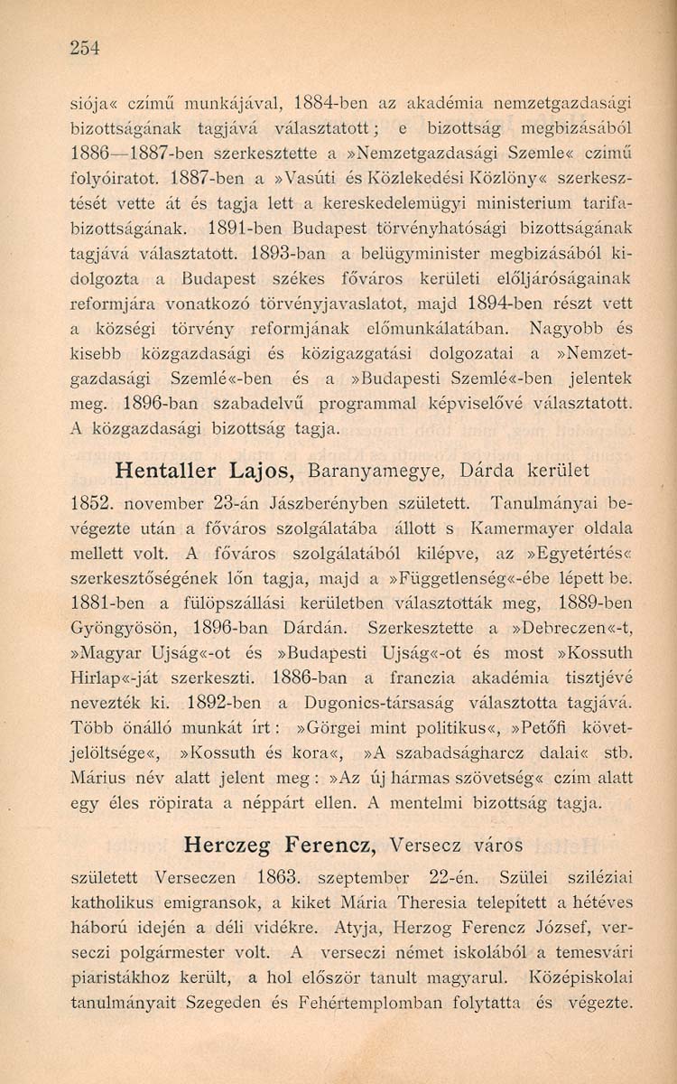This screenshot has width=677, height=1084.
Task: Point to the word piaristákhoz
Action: pos(126,977)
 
